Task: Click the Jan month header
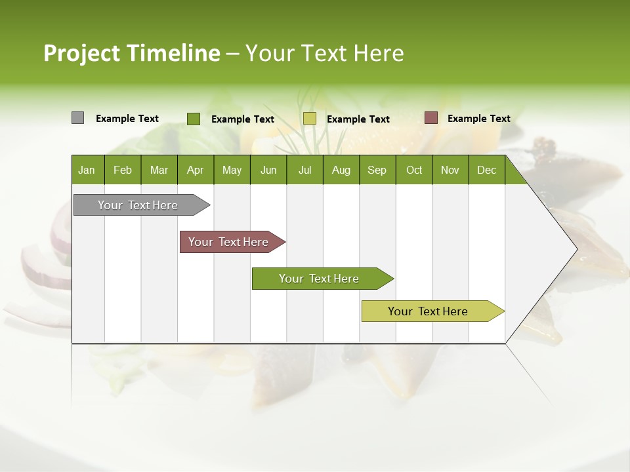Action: (87, 170)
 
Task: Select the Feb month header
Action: (123, 170)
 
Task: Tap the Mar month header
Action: (159, 170)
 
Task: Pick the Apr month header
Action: (196, 170)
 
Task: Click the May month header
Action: (232, 170)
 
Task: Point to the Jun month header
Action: (268, 170)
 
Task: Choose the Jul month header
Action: (304, 170)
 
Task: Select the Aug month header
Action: (341, 170)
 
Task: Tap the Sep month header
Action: (377, 170)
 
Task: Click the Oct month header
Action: (414, 170)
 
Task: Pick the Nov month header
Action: (450, 170)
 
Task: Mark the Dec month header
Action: (487, 170)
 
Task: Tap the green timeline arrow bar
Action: (320, 279)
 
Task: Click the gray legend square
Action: (77, 118)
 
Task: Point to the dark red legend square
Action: (430, 118)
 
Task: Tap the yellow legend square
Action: (310, 119)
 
